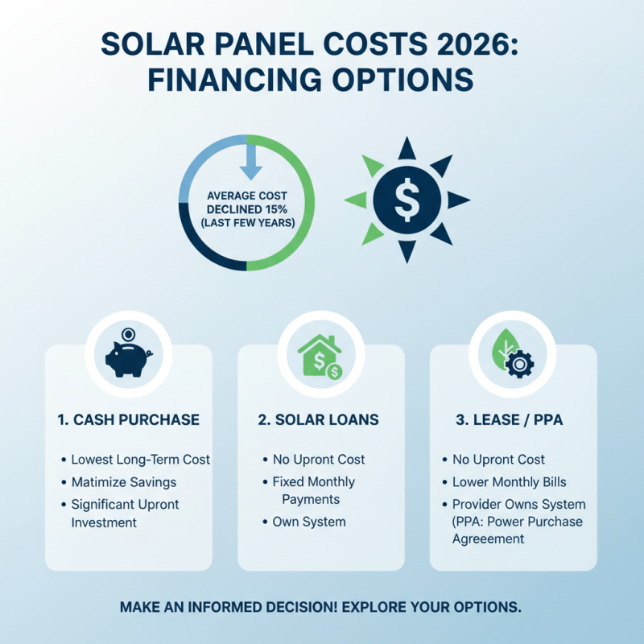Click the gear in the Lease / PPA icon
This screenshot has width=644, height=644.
pos(520,364)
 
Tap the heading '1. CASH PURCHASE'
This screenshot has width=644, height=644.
pos(128,420)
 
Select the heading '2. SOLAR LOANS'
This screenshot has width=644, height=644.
pos(321,420)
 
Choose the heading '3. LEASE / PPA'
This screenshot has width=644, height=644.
pos(513,420)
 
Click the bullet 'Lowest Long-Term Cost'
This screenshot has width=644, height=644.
pos(140,460)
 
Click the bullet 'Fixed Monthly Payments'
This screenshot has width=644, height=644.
pos(313,490)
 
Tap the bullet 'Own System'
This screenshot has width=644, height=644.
pos(308,522)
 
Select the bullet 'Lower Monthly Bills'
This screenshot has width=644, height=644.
pos(509,482)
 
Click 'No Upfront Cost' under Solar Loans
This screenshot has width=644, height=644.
pos(319,460)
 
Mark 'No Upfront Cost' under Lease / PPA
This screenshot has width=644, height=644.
pos(498,460)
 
